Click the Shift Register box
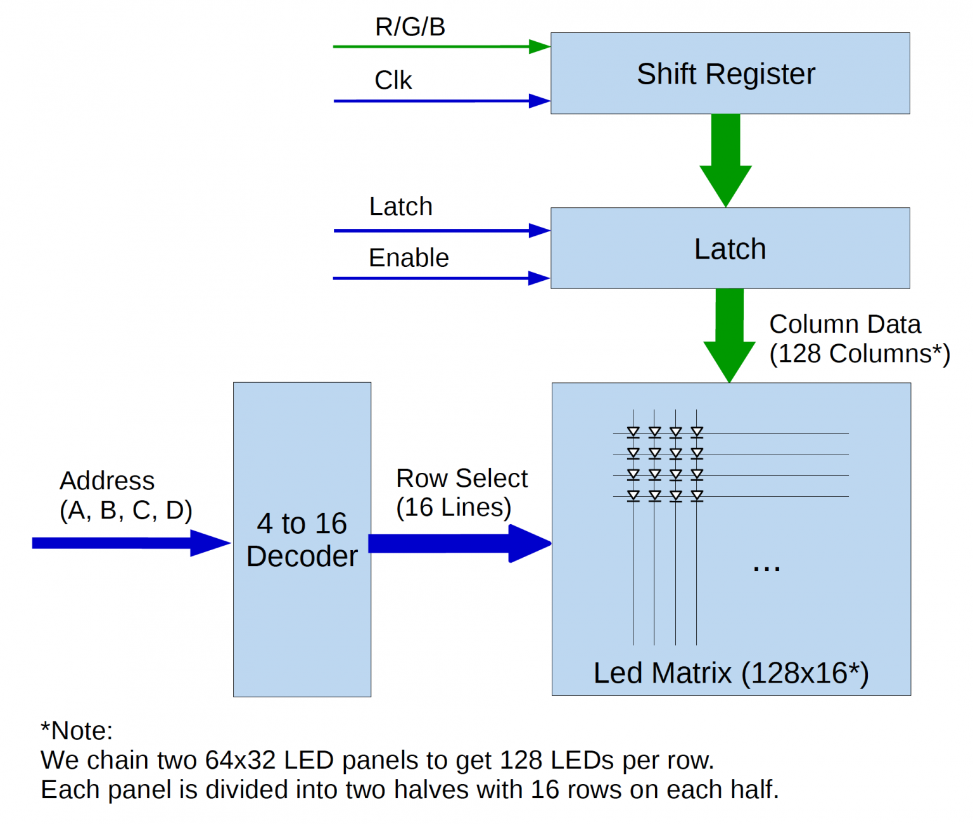click(x=730, y=74)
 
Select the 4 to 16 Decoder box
click(x=302, y=539)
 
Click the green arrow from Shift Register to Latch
click(x=725, y=158)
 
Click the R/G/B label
click(x=410, y=27)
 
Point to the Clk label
click(x=393, y=80)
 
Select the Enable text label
click(x=409, y=258)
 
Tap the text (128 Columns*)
click(x=860, y=354)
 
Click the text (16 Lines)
click(x=454, y=507)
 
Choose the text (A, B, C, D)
click(x=125, y=510)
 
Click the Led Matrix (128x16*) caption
click(x=731, y=673)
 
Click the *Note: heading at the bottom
click(x=77, y=731)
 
